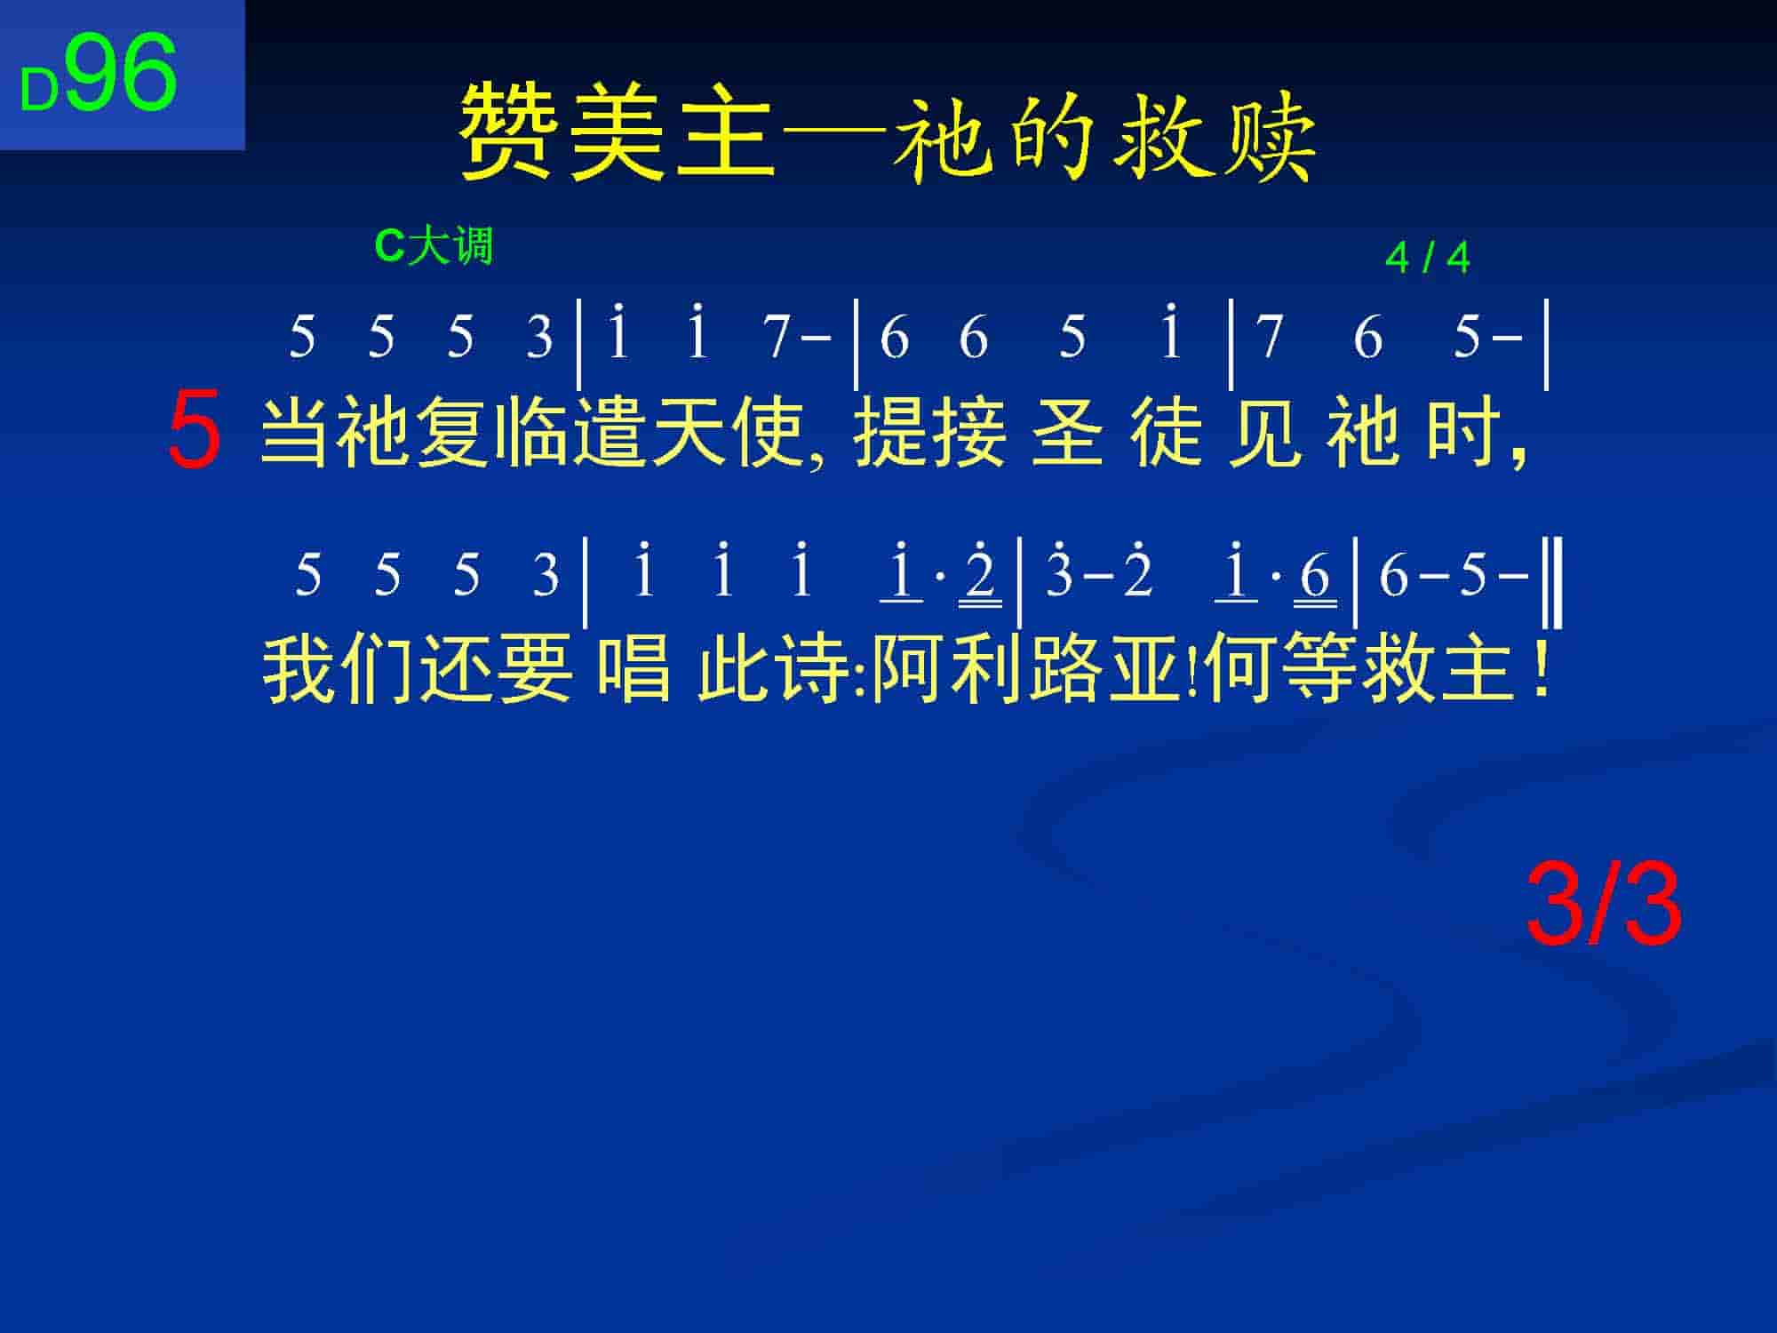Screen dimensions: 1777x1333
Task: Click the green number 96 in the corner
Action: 122,73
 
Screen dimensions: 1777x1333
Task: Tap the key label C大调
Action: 434,245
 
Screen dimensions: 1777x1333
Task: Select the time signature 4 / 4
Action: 1427,259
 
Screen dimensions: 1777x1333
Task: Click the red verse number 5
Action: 194,431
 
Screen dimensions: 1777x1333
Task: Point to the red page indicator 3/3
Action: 1604,907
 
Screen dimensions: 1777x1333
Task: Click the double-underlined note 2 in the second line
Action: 980,573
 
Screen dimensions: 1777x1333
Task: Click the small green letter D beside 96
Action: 40,91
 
